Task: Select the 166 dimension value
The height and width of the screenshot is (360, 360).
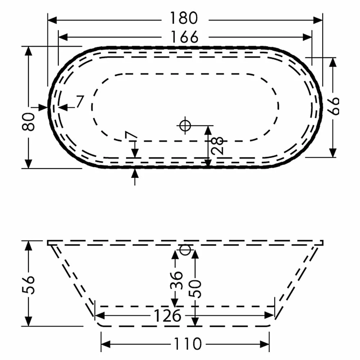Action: tap(185, 37)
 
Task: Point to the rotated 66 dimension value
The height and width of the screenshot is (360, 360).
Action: tap(334, 105)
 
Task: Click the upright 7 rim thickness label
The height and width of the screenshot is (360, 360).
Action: tap(80, 102)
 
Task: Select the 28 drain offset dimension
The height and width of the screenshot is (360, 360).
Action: tap(218, 145)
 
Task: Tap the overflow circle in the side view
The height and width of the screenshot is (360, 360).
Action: tap(184, 249)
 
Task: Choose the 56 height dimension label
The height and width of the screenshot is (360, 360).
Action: tap(30, 285)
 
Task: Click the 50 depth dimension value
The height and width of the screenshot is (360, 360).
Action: tap(196, 288)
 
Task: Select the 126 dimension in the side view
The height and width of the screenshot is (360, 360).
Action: tap(167, 316)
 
